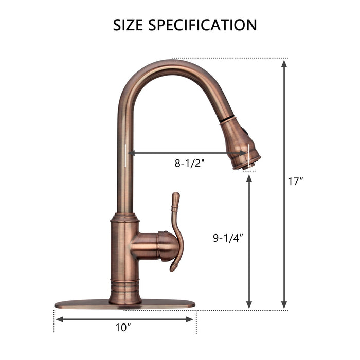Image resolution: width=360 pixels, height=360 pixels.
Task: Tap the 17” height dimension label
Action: [x=296, y=182]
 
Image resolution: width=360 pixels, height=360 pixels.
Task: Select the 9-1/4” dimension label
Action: [x=228, y=238]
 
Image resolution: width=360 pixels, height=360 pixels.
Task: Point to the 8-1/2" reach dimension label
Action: [x=190, y=164]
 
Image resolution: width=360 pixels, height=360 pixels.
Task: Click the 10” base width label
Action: [x=123, y=327]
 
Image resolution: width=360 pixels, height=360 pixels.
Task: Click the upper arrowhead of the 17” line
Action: [x=284, y=63]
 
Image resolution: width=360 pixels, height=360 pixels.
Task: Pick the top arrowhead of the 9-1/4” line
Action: [x=249, y=178]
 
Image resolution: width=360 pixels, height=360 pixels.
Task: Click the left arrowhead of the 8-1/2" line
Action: [x=131, y=153]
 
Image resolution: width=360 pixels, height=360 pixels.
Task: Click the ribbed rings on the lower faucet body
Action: [x=125, y=283]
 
